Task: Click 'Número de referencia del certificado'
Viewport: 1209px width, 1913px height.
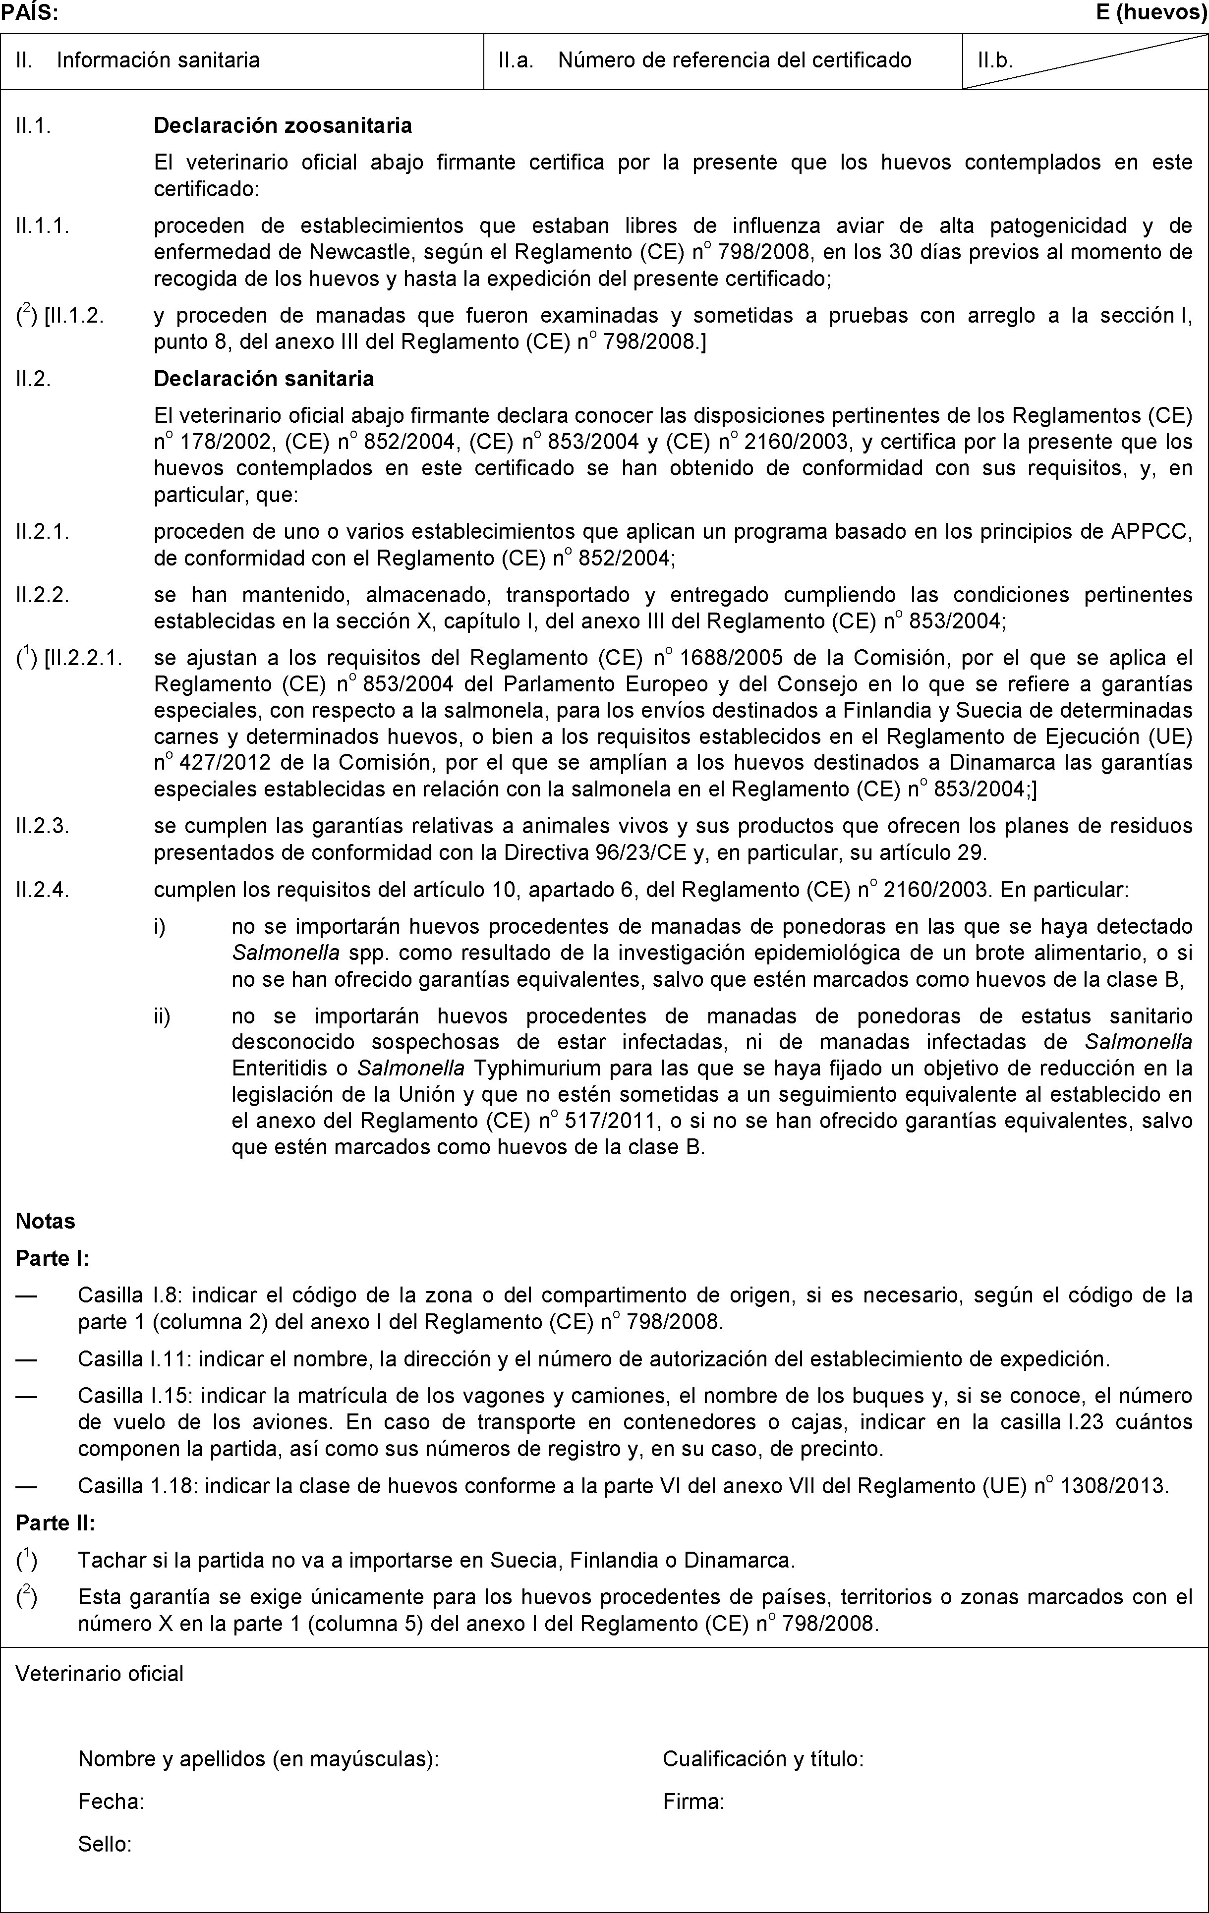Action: pyautogui.click(x=735, y=60)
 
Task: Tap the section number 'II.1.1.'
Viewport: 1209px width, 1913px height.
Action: pyautogui.click(x=43, y=226)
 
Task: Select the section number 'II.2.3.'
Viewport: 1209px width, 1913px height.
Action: pyautogui.click(x=43, y=827)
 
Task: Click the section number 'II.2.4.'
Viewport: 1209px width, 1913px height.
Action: pyautogui.click(x=43, y=890)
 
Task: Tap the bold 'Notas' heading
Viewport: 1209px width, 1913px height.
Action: pyautogui.click(x=45, y=1221)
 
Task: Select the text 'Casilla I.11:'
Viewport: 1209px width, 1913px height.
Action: pyautogui.click(x=136, y=1359)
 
